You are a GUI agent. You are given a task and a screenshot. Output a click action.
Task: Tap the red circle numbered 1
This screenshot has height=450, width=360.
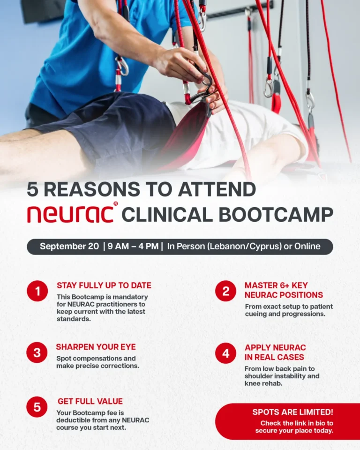pyautogui.click(x=37, y=291)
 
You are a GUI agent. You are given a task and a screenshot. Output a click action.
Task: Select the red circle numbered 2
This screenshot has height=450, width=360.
pyautogui.click(x=225, y=291)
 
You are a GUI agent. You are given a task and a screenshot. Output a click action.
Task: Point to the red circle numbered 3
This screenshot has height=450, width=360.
pyautogui.click(x=37, y=352)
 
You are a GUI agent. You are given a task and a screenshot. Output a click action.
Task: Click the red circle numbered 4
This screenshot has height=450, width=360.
pyautogui.click(x=225, y=353)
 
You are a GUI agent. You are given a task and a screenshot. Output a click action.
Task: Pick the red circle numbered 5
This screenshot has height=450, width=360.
pyautogui.click(x=37, y=407)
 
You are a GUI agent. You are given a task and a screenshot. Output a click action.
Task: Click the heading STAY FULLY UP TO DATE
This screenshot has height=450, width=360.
pyautogui.click(x=104, y=285)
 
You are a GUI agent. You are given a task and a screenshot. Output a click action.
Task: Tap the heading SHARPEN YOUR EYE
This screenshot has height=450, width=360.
pyautogui.click(x=96, y=347)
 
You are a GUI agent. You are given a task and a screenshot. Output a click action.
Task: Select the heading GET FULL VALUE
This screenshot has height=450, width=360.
pyautogui.click(x=90, y=402)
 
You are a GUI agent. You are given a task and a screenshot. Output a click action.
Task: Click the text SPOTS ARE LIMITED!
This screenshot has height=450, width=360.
pyautogui.click(x=293, y=412)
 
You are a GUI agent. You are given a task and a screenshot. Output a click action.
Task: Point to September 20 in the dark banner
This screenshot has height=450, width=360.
pyautogui.click(x=69, y=247)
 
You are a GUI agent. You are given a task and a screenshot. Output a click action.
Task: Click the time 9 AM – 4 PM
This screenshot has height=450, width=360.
pyautogui.click(x=133, y=247)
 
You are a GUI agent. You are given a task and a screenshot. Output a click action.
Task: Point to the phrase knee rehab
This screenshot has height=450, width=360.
pyautogui.click(x=264, y=383)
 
